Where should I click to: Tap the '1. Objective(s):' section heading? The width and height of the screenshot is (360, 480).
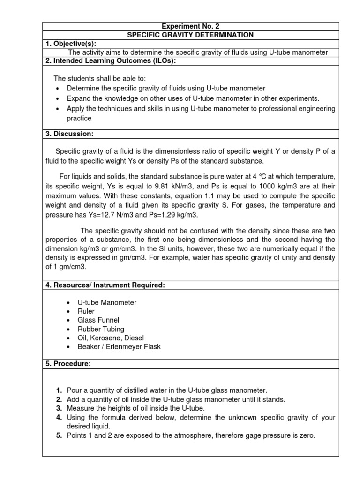pyautogui.click(x=71, y=44)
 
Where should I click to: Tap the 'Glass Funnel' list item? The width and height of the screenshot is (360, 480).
pyautogui.click(x=93, y=320)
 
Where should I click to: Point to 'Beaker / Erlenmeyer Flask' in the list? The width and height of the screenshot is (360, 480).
pyautogui.click(x=113, y=347)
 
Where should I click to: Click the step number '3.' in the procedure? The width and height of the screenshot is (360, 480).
pyautogui.click(x=59, y=408)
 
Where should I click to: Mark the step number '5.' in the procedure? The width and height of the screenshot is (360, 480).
pyautogui.click(x=59, y=435)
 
